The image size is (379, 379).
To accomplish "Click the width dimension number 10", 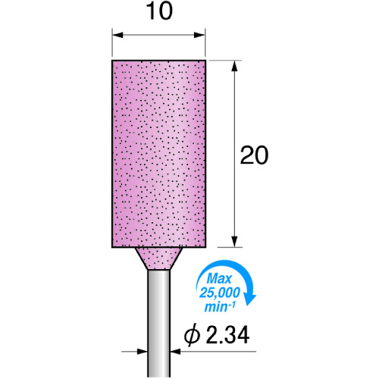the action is [x=159, y=11].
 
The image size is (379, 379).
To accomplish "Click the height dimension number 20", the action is [x=254, y=155].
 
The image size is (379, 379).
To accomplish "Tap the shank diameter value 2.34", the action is [x=227, y=335].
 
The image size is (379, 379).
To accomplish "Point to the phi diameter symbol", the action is [x=192, y=335].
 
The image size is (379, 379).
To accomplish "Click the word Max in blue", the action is [x=219, y=279].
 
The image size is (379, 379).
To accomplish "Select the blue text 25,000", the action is [x=220, y=293].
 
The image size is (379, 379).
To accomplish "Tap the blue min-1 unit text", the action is [x=220, y=307].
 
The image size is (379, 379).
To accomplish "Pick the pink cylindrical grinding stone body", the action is [x=158, y=154].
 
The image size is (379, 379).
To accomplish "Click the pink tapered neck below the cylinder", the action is [x=158, y=258].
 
